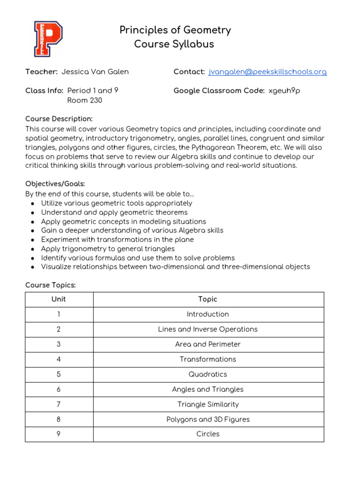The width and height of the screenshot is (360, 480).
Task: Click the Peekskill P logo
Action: tap(48, 38)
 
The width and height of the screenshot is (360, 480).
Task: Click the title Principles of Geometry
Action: tap(175, 30)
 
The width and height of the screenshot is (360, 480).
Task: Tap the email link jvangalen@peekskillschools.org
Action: tap(267, 72)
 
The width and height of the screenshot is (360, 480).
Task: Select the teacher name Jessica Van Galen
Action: tap(95, 72)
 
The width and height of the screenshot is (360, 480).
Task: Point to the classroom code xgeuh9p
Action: tap(284, 90)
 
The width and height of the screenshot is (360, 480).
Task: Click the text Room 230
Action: tap(85, 100)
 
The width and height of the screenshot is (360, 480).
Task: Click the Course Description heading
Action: tap(59, 119)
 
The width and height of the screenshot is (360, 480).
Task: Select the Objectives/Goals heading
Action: tap(55, 184)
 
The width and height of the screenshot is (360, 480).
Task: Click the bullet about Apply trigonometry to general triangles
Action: tap(108, 249)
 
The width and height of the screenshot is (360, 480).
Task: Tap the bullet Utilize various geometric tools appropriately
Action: tap(117, 203)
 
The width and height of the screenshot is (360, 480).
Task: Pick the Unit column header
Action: tap(59, 299)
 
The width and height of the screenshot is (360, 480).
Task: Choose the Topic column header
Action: tap(208, 299)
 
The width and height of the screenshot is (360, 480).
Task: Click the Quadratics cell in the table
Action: tap(208, 374)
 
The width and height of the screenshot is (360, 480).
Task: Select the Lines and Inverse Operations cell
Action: tap(208, 329)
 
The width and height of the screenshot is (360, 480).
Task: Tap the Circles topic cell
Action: tap(208, 434)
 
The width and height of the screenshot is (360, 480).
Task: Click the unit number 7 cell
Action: tap(59, 404)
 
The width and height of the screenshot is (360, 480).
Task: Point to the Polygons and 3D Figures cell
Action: tap(208, 419)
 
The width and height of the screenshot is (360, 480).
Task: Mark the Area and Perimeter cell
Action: tap(208, 344)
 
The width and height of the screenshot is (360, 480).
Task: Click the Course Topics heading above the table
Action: tap(50, 285)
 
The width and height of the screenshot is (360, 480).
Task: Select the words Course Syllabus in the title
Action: tap(174, 44)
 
